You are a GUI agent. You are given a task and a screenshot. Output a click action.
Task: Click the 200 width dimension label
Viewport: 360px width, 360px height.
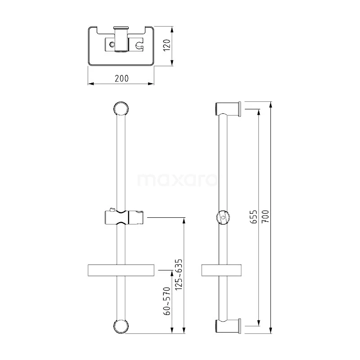[121, 78]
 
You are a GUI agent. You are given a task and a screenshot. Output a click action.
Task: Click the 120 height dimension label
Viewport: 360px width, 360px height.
[167, 45]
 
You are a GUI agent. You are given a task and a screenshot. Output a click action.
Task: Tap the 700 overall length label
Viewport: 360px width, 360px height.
[265, 216]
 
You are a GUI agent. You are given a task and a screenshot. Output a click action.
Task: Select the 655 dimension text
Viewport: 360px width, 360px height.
[254, 216]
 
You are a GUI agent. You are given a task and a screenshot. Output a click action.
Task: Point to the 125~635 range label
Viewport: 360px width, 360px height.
[178, 274]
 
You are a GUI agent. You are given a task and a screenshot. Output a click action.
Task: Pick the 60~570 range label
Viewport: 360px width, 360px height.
[167, 301]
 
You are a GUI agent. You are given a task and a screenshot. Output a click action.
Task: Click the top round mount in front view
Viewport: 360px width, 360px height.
[121, 108]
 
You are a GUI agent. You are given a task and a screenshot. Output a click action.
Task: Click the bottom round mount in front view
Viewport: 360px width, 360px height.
[121, 326]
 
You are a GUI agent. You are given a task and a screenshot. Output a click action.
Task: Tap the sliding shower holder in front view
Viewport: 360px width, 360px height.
[124, 217]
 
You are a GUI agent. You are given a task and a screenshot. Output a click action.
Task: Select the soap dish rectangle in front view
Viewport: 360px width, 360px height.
[121, 270]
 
